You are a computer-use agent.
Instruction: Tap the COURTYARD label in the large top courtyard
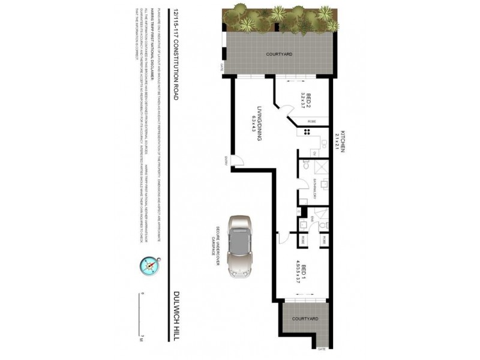click(279, 55)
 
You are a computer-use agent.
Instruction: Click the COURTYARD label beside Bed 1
click(305, 318)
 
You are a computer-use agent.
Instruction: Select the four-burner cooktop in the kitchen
click(307, 133)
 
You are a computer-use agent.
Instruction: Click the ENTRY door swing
click(236, 161)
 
